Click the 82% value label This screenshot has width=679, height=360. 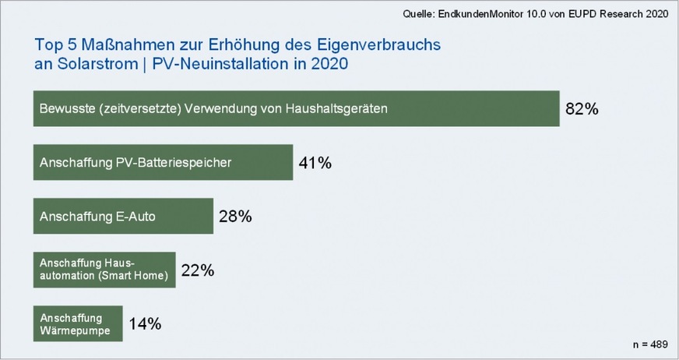[x=582, y=109]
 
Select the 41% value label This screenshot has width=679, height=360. [x=315, y=163]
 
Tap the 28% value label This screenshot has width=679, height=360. [x=235, y=217]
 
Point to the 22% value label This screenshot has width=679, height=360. [x=197, y=270]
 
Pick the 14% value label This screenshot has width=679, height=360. [x=145, y=323]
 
